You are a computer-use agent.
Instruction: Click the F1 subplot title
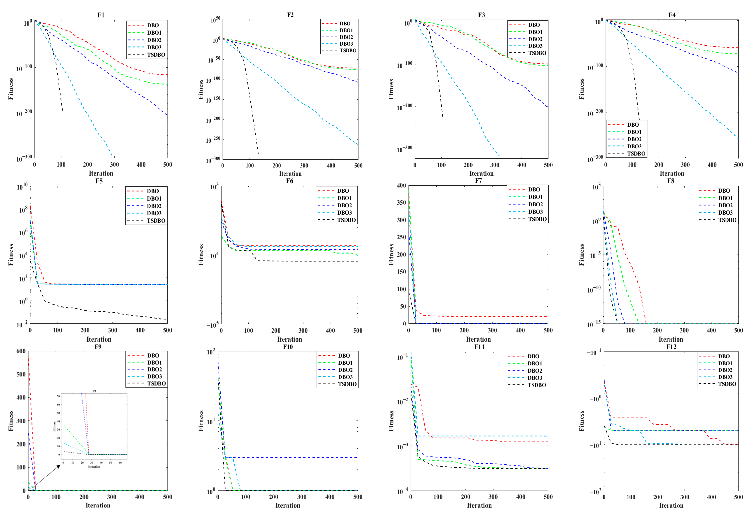[x=101, y=15]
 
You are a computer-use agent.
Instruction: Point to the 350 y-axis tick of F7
[x=401, y=203]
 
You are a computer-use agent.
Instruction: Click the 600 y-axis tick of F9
[x=21, y=351]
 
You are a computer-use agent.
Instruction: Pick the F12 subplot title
[x=671, y=347]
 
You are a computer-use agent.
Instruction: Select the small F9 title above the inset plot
[x=94, y=391]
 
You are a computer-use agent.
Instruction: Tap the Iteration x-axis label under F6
[x=289, y=339]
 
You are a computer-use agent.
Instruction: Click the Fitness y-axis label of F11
[x=391, y=421]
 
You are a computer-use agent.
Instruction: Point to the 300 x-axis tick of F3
[x=495, y=165]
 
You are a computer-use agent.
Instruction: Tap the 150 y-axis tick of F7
[x=401, y=272]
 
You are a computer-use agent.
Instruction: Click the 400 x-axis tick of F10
[x=330, y=497]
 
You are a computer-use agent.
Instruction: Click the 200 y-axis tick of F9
[x=21, y=444]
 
